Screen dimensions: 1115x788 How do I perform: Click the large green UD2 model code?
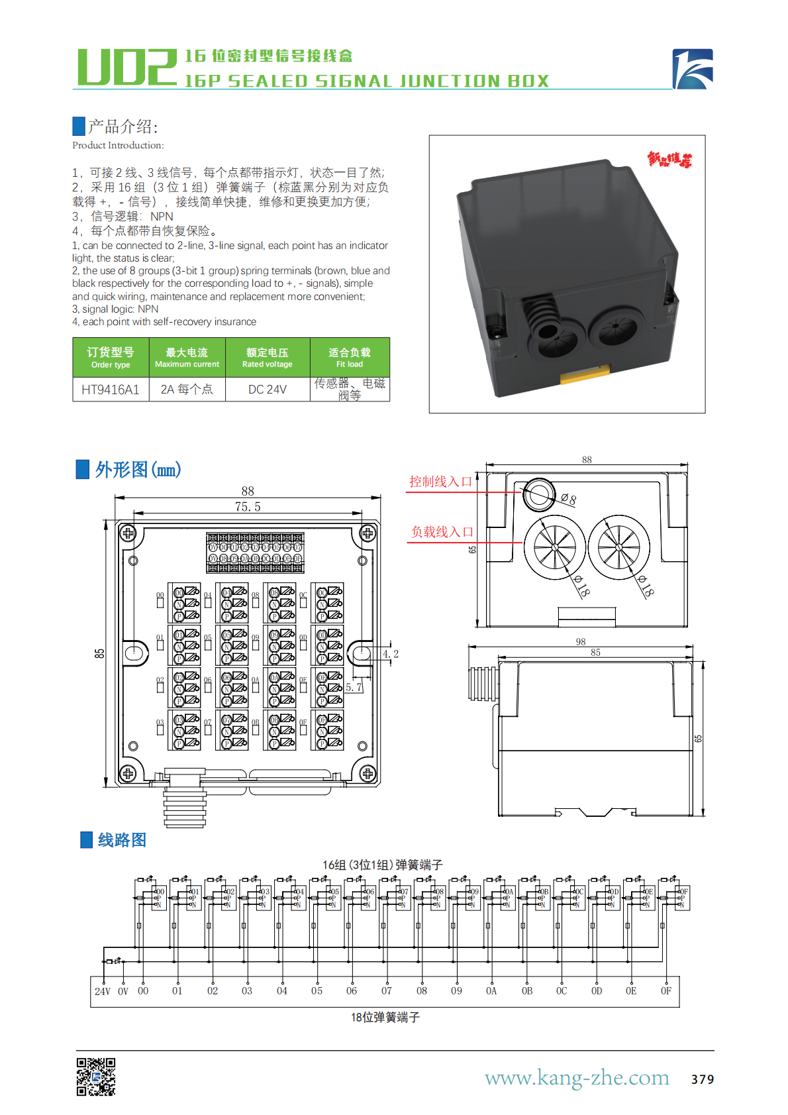126,68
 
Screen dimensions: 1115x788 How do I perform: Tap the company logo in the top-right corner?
693,69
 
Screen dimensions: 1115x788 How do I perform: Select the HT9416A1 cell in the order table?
111,390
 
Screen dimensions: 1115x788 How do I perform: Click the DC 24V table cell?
268,390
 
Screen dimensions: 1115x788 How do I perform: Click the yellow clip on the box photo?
585,375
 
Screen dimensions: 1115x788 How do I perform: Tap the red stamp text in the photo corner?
669,160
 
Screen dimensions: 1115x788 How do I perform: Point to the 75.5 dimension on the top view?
248,507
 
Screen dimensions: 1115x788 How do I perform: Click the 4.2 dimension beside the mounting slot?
391,654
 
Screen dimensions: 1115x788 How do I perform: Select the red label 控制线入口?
440,482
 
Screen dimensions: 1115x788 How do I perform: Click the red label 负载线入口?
442,532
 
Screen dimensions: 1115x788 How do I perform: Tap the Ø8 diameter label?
569,499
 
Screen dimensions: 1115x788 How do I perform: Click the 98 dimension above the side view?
581,641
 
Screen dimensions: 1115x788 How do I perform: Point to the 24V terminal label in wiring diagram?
103,991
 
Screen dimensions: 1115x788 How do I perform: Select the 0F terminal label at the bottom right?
665,991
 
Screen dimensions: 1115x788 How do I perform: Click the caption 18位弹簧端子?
385,1017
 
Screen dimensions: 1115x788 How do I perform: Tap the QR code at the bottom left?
96,1077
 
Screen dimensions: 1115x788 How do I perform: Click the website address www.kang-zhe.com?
577,1077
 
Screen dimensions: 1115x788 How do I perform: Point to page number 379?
702,1079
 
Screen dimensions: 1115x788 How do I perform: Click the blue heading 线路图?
122,840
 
